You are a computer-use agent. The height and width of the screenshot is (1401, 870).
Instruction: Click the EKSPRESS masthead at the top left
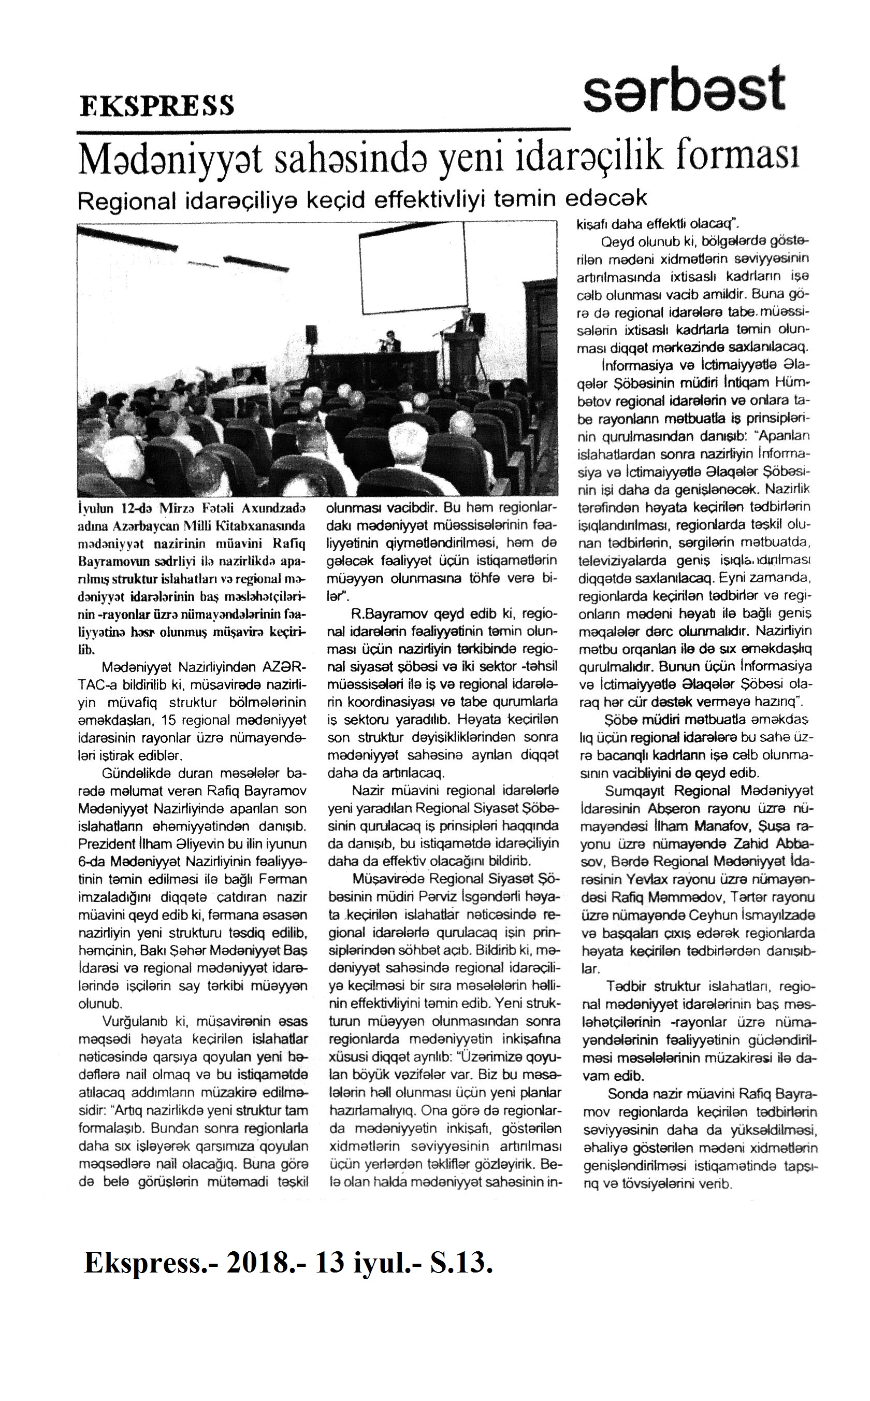[156, 105]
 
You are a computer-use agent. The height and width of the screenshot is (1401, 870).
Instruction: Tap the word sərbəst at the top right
[684, 90]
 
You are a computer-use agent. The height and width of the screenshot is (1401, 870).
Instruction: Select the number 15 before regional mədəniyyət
[169, 721]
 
